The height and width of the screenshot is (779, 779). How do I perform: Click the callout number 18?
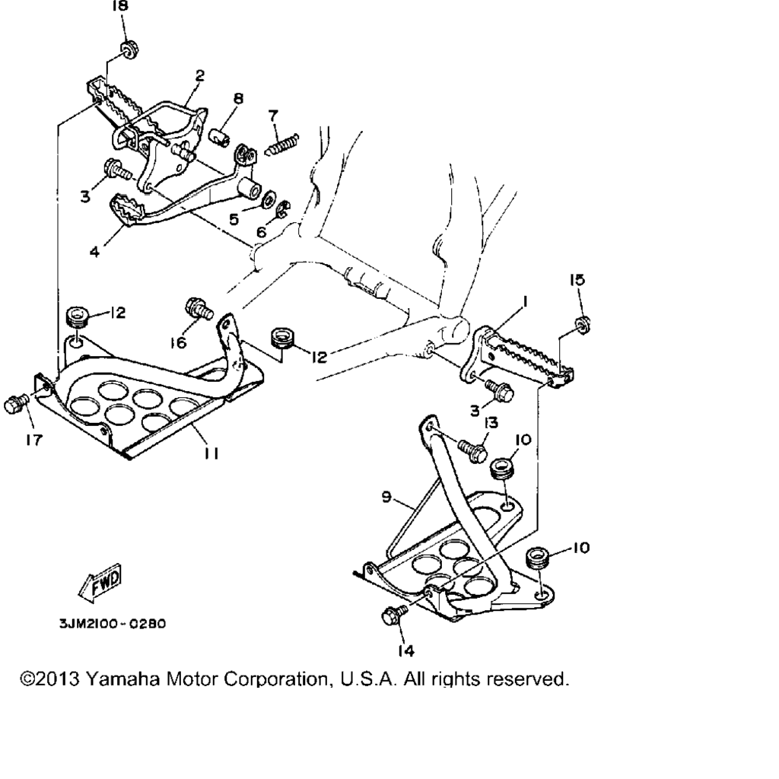(120, 7)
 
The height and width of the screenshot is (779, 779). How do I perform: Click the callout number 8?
(238, 98)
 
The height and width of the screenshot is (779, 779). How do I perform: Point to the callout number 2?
(199, 75)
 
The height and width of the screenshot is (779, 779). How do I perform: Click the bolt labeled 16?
(197, 310)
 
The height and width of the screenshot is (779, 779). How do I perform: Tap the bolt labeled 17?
(15, 404)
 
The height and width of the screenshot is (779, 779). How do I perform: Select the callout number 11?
(211, 453)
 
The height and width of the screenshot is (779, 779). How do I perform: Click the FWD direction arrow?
(99, 582)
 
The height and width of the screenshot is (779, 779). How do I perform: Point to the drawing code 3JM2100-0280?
(112, 624)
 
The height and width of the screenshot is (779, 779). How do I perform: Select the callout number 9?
(386, 498)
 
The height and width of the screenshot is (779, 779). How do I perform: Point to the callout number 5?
(234, 219)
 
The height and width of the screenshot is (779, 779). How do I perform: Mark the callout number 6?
(262, 231)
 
